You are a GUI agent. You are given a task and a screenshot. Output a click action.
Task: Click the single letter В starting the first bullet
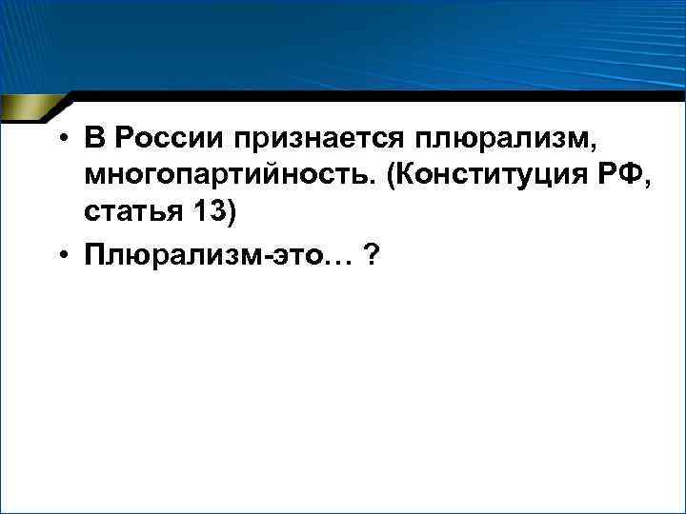tap(92, 140)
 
